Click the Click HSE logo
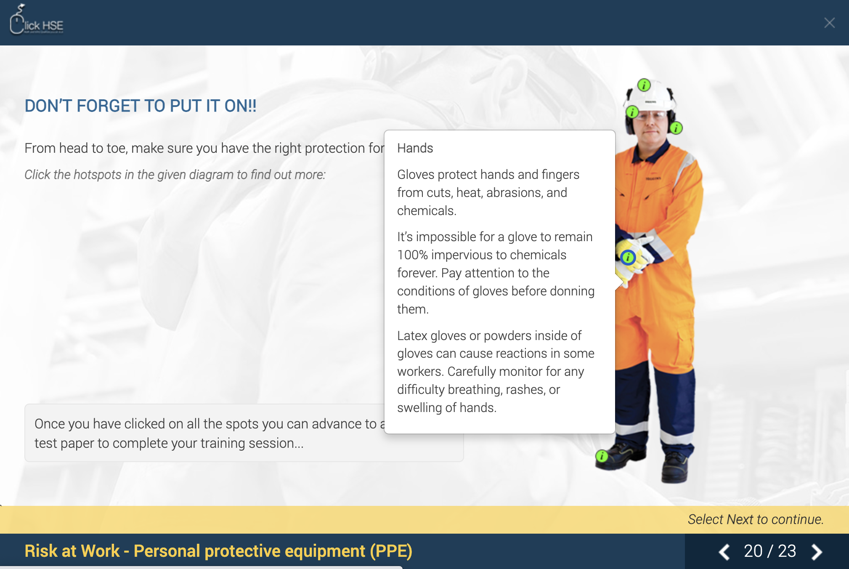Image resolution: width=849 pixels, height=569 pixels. point(37,21)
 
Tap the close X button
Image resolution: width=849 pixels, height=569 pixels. point(829,23)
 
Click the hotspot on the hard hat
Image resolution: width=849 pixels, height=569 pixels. point(644,85)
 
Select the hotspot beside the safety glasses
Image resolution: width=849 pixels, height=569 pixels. point(632,112)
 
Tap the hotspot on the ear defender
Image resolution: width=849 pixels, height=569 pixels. point(676,128)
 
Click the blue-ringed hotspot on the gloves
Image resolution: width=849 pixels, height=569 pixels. point(628,257)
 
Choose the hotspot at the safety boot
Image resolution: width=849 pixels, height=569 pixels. point(602,456)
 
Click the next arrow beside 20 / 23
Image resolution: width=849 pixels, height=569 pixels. point(817,552)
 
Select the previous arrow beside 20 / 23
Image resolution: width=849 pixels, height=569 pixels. point(724,552)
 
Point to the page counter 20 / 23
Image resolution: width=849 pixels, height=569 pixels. point(770,551)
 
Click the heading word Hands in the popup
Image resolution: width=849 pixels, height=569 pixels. point(415,148)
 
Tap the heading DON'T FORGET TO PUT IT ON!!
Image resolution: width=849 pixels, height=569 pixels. point(141,106)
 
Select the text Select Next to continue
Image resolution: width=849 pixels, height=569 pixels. point(755,519)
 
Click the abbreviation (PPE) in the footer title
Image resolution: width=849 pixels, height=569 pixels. point(391,551)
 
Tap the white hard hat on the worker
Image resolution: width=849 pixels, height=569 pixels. point(650,97)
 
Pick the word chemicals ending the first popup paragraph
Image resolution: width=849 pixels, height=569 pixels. point(426,211)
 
